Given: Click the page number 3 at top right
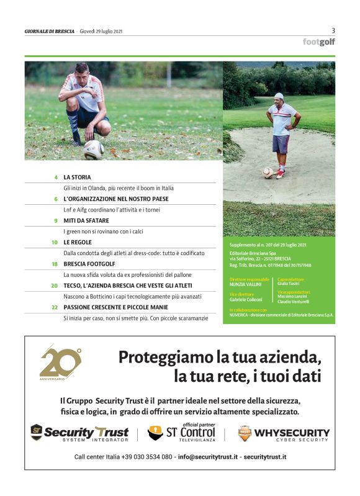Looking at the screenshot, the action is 333,30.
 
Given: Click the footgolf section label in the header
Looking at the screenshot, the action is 318,42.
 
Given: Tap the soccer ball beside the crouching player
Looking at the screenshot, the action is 94,149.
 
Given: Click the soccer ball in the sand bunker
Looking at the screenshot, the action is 268,173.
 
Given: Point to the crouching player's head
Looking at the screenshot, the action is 83,70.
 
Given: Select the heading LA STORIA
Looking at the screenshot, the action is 77,177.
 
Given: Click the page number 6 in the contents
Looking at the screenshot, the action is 56,199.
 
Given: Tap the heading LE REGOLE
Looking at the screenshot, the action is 78,242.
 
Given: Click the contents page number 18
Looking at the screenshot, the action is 55,264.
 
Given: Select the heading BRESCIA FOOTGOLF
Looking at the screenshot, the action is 89,264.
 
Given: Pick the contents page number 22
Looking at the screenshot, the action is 55,307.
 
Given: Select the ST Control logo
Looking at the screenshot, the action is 181,431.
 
